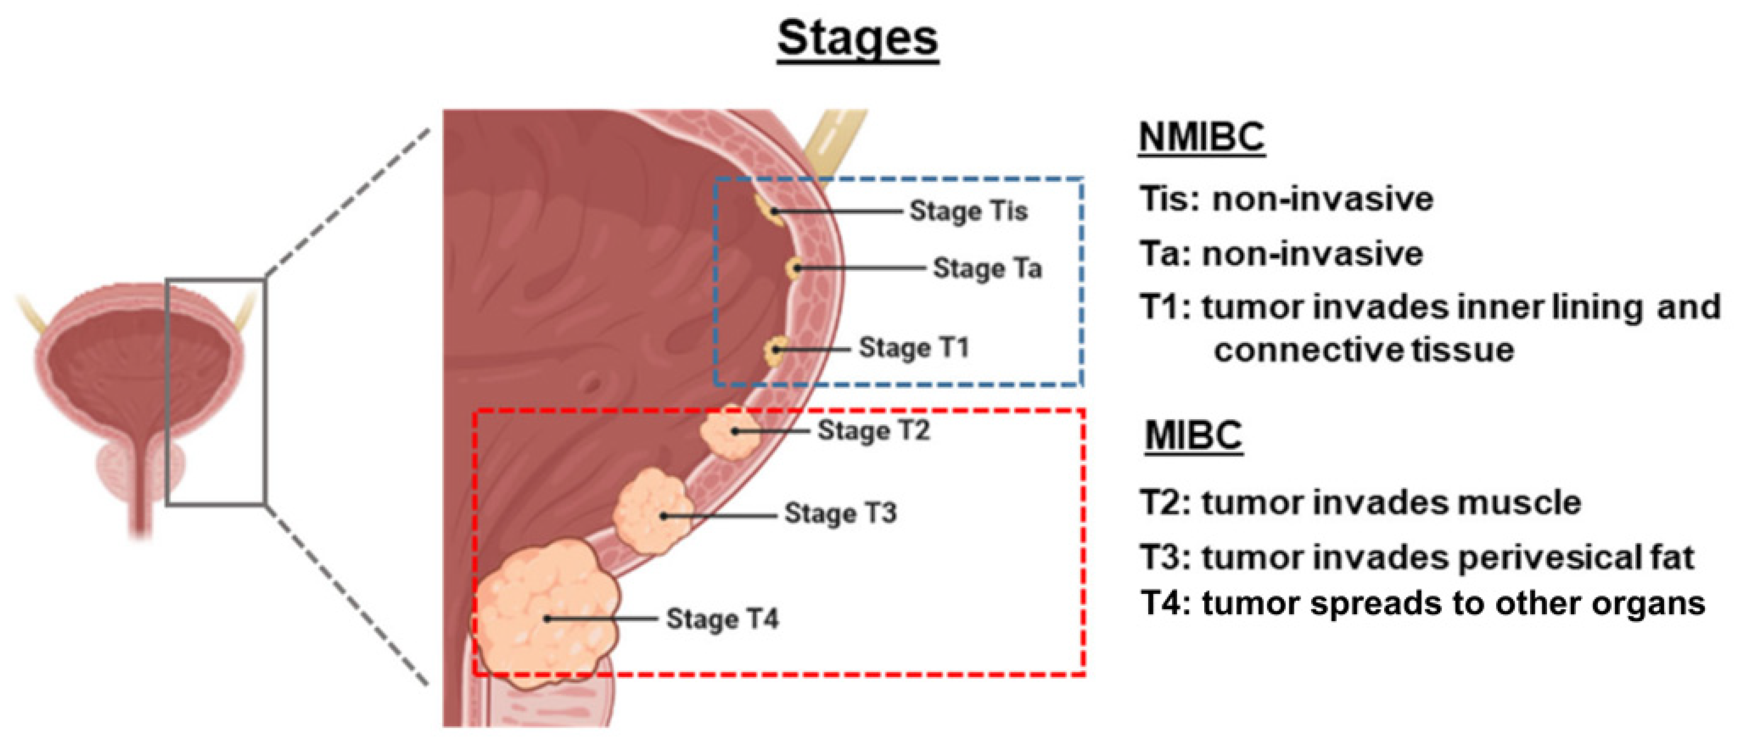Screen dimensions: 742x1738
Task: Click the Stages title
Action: [857, 39]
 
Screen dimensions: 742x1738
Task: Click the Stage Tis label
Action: [968, 211]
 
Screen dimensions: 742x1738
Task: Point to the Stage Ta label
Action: [987, 269]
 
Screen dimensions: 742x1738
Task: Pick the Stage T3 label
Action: [840, 513]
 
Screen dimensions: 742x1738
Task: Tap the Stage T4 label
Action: [722, 618]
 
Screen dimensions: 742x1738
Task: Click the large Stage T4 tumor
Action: [547, 614]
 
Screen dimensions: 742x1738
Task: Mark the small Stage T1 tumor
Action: [774, 351]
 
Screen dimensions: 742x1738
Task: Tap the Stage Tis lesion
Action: [769, 209]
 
